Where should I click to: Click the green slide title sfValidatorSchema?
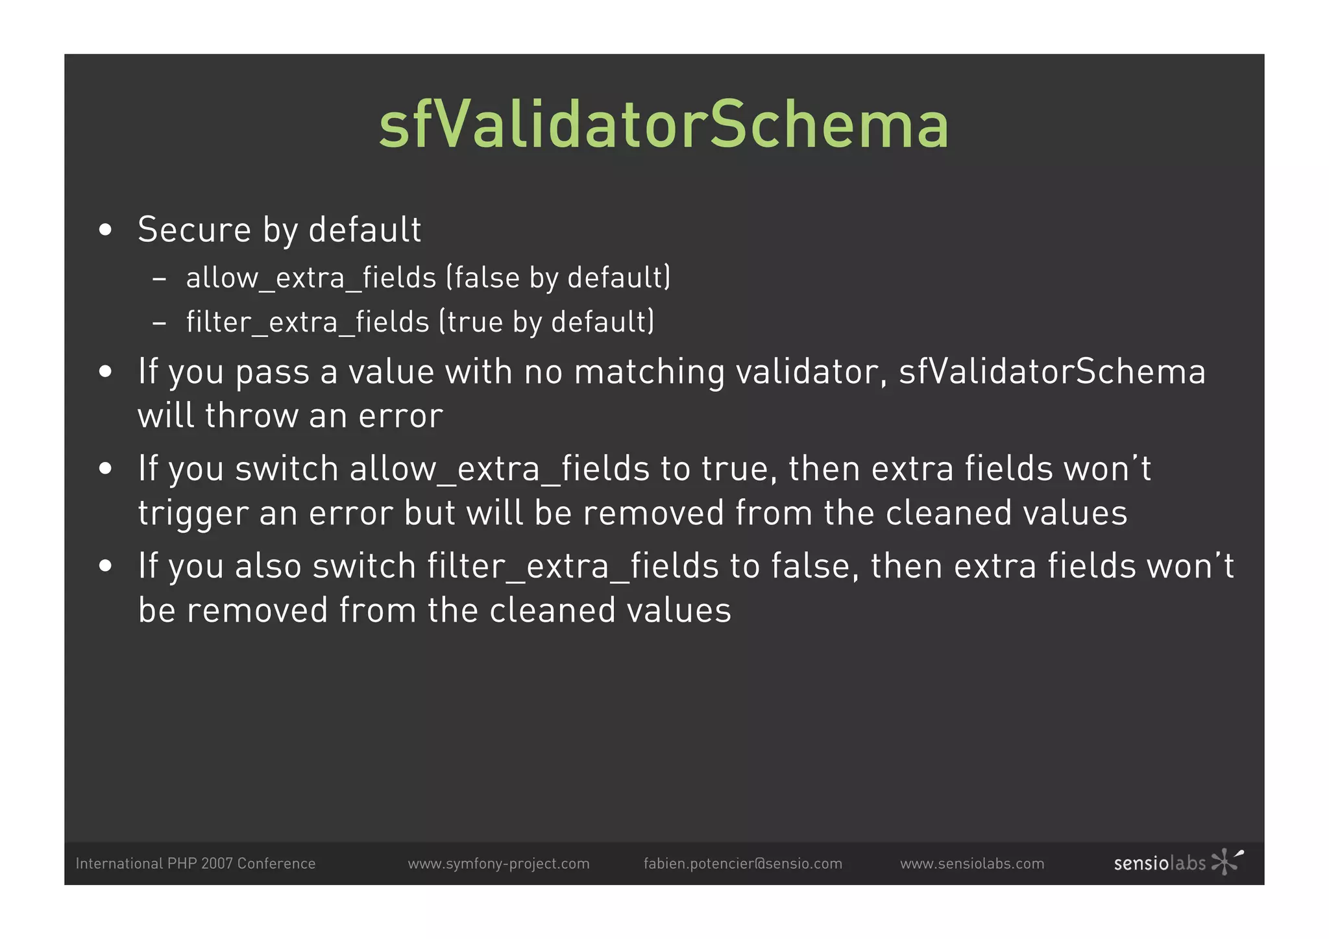click(664, 125)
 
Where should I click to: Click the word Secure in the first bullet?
click(194, 230)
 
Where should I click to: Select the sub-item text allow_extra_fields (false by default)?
click(428, 278)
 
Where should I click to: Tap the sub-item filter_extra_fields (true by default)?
click(420, 322)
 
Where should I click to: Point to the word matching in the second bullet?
click(649, 372)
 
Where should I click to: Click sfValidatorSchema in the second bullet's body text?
click(1052, 372)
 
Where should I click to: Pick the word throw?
click(251, 415)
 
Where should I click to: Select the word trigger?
click(193, 514)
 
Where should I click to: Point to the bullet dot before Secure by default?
click(106, 230)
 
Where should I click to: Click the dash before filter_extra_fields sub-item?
click(159, 323)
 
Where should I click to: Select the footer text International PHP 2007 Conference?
click(195, 864)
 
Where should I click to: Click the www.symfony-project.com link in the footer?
click(498, 864)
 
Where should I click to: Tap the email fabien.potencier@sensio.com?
click(742, 864)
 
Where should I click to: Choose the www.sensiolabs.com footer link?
click(972, 864)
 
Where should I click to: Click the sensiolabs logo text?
click(1160, 864)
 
